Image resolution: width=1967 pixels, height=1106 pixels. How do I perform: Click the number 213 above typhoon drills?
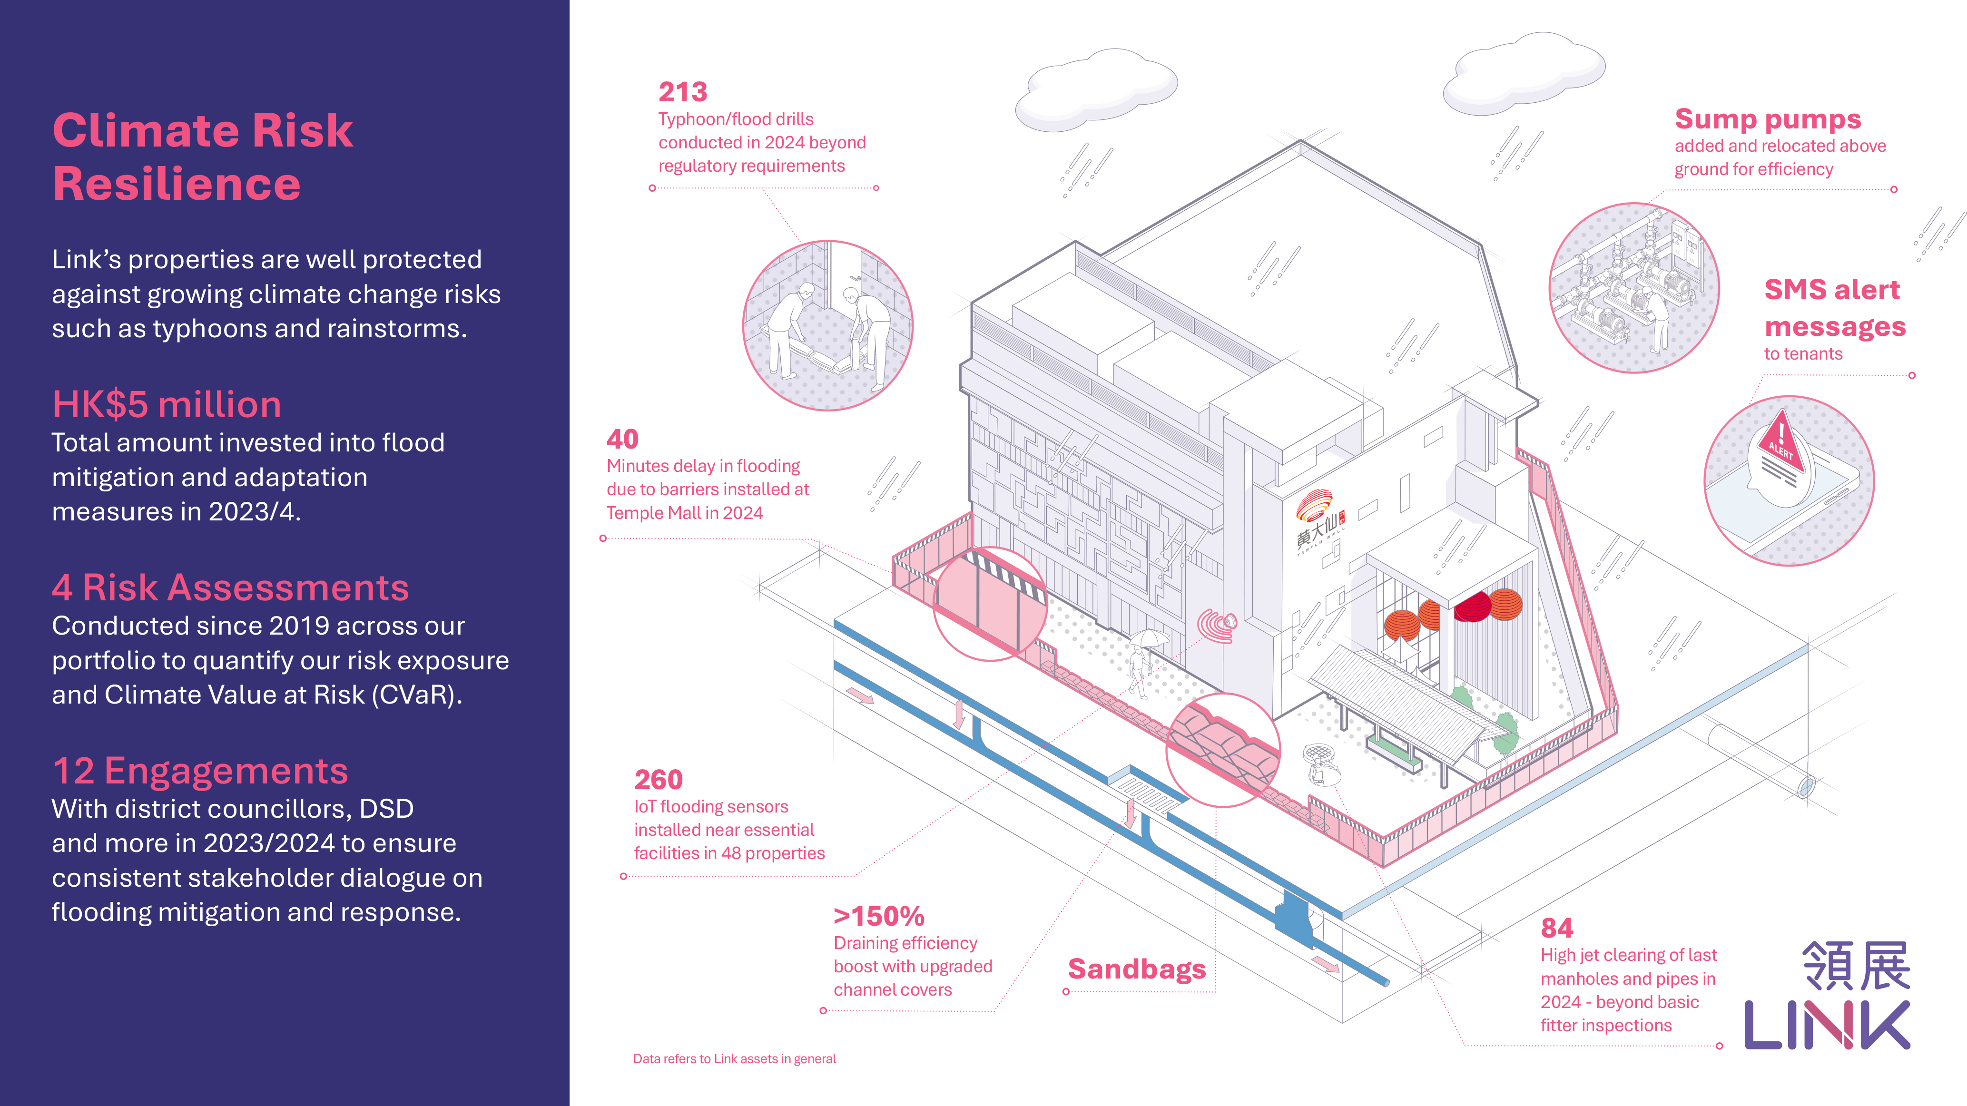point(683,92)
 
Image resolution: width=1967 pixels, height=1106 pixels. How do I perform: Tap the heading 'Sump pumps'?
point(1768,120)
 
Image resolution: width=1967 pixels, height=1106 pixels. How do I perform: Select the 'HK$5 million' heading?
point(167,404)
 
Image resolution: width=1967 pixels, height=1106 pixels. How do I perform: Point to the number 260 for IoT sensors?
point(658,780)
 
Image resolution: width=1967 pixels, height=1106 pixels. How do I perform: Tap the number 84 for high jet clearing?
point(1557,928)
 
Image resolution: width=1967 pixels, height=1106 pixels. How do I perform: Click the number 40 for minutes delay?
point(622,440)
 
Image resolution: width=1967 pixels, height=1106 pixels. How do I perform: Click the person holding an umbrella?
point(1143,660)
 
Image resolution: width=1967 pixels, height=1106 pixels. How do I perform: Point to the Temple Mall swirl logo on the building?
point(1315,505)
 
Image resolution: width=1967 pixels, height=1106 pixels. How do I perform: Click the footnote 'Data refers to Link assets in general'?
point(735,1059)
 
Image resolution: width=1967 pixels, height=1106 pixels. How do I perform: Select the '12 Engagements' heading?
point(200,771)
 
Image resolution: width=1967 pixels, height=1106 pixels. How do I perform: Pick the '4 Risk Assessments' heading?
point(231,588)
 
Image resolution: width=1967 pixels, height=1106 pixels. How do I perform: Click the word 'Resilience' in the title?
point(177,184)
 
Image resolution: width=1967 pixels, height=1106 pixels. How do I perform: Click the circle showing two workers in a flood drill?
point(828,326)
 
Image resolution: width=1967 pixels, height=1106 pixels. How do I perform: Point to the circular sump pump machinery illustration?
point(1634,288)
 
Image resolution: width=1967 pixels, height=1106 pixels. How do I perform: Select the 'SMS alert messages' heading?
point(1835,308)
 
